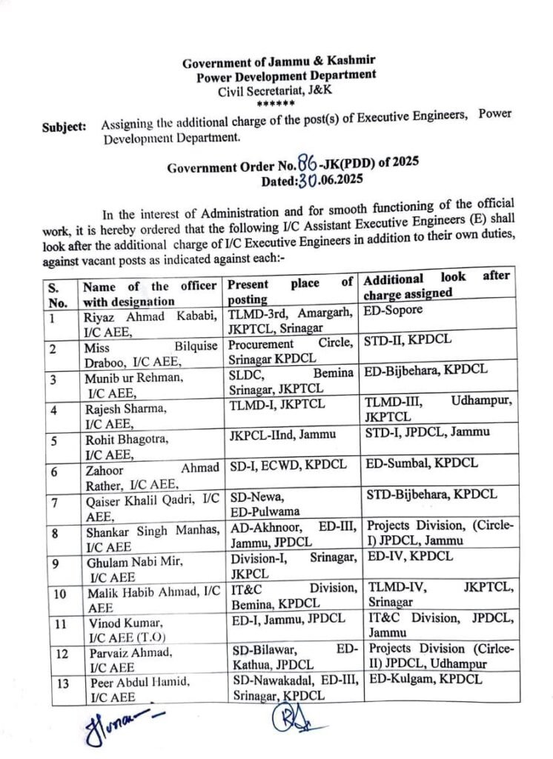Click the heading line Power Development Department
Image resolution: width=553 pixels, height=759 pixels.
(x=285, y=76)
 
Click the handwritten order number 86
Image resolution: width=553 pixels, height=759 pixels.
(x=306, y=165)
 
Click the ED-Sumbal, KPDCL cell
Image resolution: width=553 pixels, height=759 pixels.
(x=422, y=464)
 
